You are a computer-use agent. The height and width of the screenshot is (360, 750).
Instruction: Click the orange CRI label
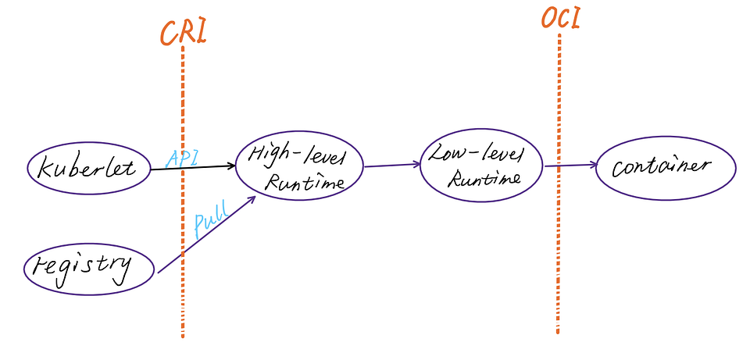(183, 31)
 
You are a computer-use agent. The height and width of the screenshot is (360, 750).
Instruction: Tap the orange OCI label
(560, 18)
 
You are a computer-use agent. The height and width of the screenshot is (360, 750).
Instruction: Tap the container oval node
(666, 167)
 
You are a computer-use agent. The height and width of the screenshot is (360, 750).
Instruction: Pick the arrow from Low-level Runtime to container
(570, 165)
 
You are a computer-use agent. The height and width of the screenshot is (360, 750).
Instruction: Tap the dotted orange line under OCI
(559, 258)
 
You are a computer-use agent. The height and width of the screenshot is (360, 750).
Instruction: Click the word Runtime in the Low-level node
(484, 178)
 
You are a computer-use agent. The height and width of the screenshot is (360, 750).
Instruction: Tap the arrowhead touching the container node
(594, 165)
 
